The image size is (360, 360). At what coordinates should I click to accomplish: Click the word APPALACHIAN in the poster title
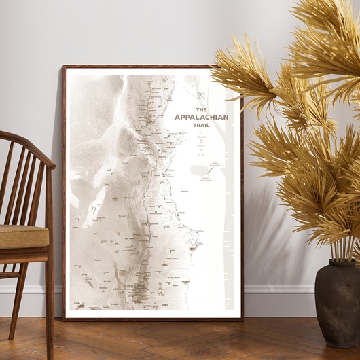pos(201,117)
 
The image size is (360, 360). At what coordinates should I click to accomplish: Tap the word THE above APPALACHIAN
pos(201,109)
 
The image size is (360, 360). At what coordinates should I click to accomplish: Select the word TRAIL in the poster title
pos(201,125)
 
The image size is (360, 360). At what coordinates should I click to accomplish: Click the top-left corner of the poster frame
pos(64,67)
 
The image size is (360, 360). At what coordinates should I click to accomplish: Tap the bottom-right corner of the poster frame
pos(242,319)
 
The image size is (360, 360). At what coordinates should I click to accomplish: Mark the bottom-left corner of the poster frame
pos(64,319)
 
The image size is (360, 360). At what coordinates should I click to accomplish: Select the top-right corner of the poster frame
pos(242,67)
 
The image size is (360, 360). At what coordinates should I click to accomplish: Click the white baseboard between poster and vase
pos(278,299)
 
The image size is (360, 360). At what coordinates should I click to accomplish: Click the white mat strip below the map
pos(153,314)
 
